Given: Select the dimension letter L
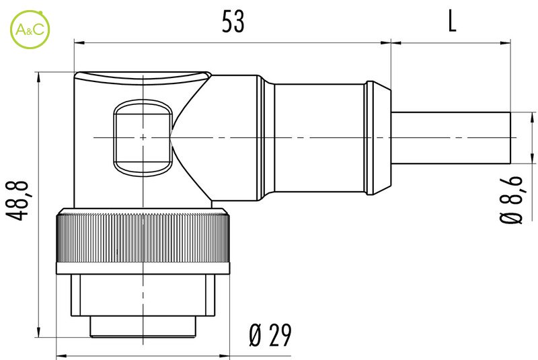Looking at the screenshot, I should [x=451, y=22].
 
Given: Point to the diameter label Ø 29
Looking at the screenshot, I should [x=270, y=334].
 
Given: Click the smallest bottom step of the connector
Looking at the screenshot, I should [x=143, y=328].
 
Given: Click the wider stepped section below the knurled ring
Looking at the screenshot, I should [x=143, y=296].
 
